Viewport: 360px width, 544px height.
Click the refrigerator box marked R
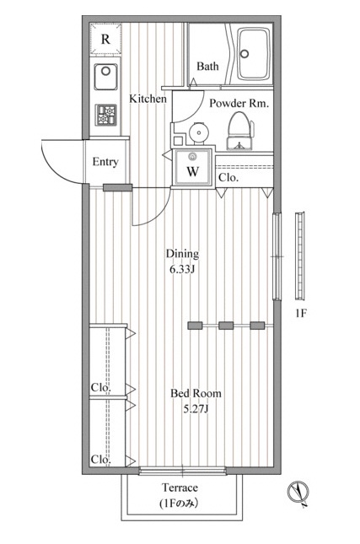tap(105, 39)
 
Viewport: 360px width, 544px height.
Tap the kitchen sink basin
tap(105, 77)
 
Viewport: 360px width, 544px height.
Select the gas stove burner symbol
tap(106, 116)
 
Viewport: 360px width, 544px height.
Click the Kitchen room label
tap(148, 99)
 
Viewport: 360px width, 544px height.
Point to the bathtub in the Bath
tap(254, 54)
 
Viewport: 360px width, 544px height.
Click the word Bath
tap(207, 66)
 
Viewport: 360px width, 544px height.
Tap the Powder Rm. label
tap(239, 103)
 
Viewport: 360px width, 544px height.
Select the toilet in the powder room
tap(239, 131)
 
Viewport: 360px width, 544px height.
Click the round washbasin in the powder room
tap(198, 132)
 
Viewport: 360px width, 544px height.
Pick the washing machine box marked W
tap(193, 167)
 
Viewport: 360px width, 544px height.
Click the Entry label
tap(105, 162)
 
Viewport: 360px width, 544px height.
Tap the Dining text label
tap(182, 254)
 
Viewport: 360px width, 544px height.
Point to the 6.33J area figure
tap(181, 270)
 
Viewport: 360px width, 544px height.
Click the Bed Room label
tap(196, 393)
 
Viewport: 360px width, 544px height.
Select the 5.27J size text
tap(196, 409)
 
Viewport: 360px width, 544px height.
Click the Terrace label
tap(180, 487)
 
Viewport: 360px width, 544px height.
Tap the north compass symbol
tap(298, 492)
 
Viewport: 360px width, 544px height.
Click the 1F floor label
tap(301, 314)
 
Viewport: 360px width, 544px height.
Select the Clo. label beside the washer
tap(228, 178)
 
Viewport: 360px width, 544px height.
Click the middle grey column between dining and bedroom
tap(226, 326)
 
